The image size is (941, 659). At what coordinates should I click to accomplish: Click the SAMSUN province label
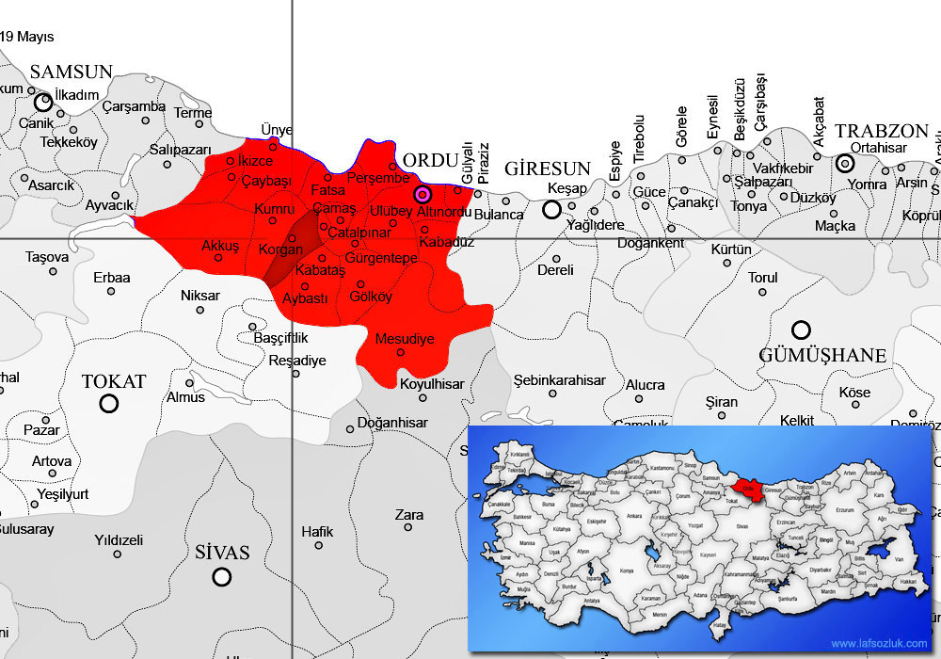(x=72, y=72)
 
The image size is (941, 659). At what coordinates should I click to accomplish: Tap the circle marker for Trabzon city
(x=845, y=164)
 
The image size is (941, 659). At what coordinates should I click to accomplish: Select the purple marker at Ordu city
(x=423, y=194)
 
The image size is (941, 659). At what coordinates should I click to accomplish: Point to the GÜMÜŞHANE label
(x=822, y=355)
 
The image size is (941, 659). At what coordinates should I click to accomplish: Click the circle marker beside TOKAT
(x=109, y=404)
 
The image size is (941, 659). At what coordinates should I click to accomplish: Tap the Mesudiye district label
(x=405, y=338)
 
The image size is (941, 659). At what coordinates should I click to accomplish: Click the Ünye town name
(x=277, y=130)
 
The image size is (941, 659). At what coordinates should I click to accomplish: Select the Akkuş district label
(x=220, y=246)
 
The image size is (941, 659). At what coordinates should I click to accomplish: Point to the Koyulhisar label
(x=432, y=384)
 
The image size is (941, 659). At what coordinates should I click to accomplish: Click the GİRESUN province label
(x=548, y=169)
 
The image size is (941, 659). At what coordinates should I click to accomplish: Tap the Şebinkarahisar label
(x=559, y=380)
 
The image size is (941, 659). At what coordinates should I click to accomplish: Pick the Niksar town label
(x=199, y=296)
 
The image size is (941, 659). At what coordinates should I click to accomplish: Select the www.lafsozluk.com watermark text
(x=879, y=644)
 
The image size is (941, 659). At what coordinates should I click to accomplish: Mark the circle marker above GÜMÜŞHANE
(x=801, y=329)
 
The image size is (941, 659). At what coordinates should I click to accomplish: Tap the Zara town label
(x=409, y=515)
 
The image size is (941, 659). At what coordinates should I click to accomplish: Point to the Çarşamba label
(x=135, y=106)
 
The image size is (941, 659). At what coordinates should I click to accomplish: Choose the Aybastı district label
(x=305, y=297)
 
